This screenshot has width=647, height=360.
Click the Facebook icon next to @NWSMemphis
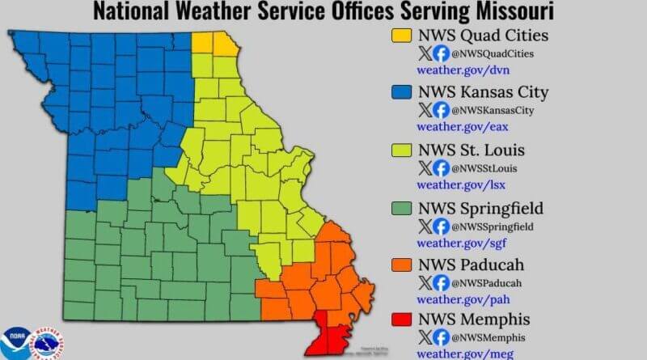[442, 337]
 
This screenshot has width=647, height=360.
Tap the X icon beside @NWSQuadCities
[425, 53]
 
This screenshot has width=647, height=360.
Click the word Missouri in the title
[514, 12]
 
